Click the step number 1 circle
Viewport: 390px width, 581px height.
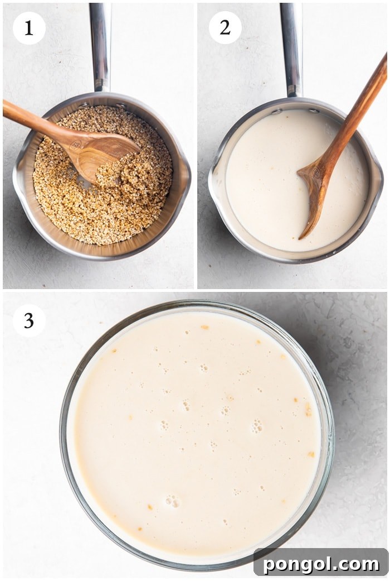(x=29, y=28)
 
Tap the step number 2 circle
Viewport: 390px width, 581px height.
(x=225, y=28)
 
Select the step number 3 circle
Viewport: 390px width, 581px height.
(x=29, y=320)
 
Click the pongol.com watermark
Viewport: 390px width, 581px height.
(x=321, y=564)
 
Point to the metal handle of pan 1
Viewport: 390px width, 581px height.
(x=100, y=46)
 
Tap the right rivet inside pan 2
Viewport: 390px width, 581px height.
(x=314, y=111)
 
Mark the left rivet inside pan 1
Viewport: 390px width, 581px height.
(x=83, y=105)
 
